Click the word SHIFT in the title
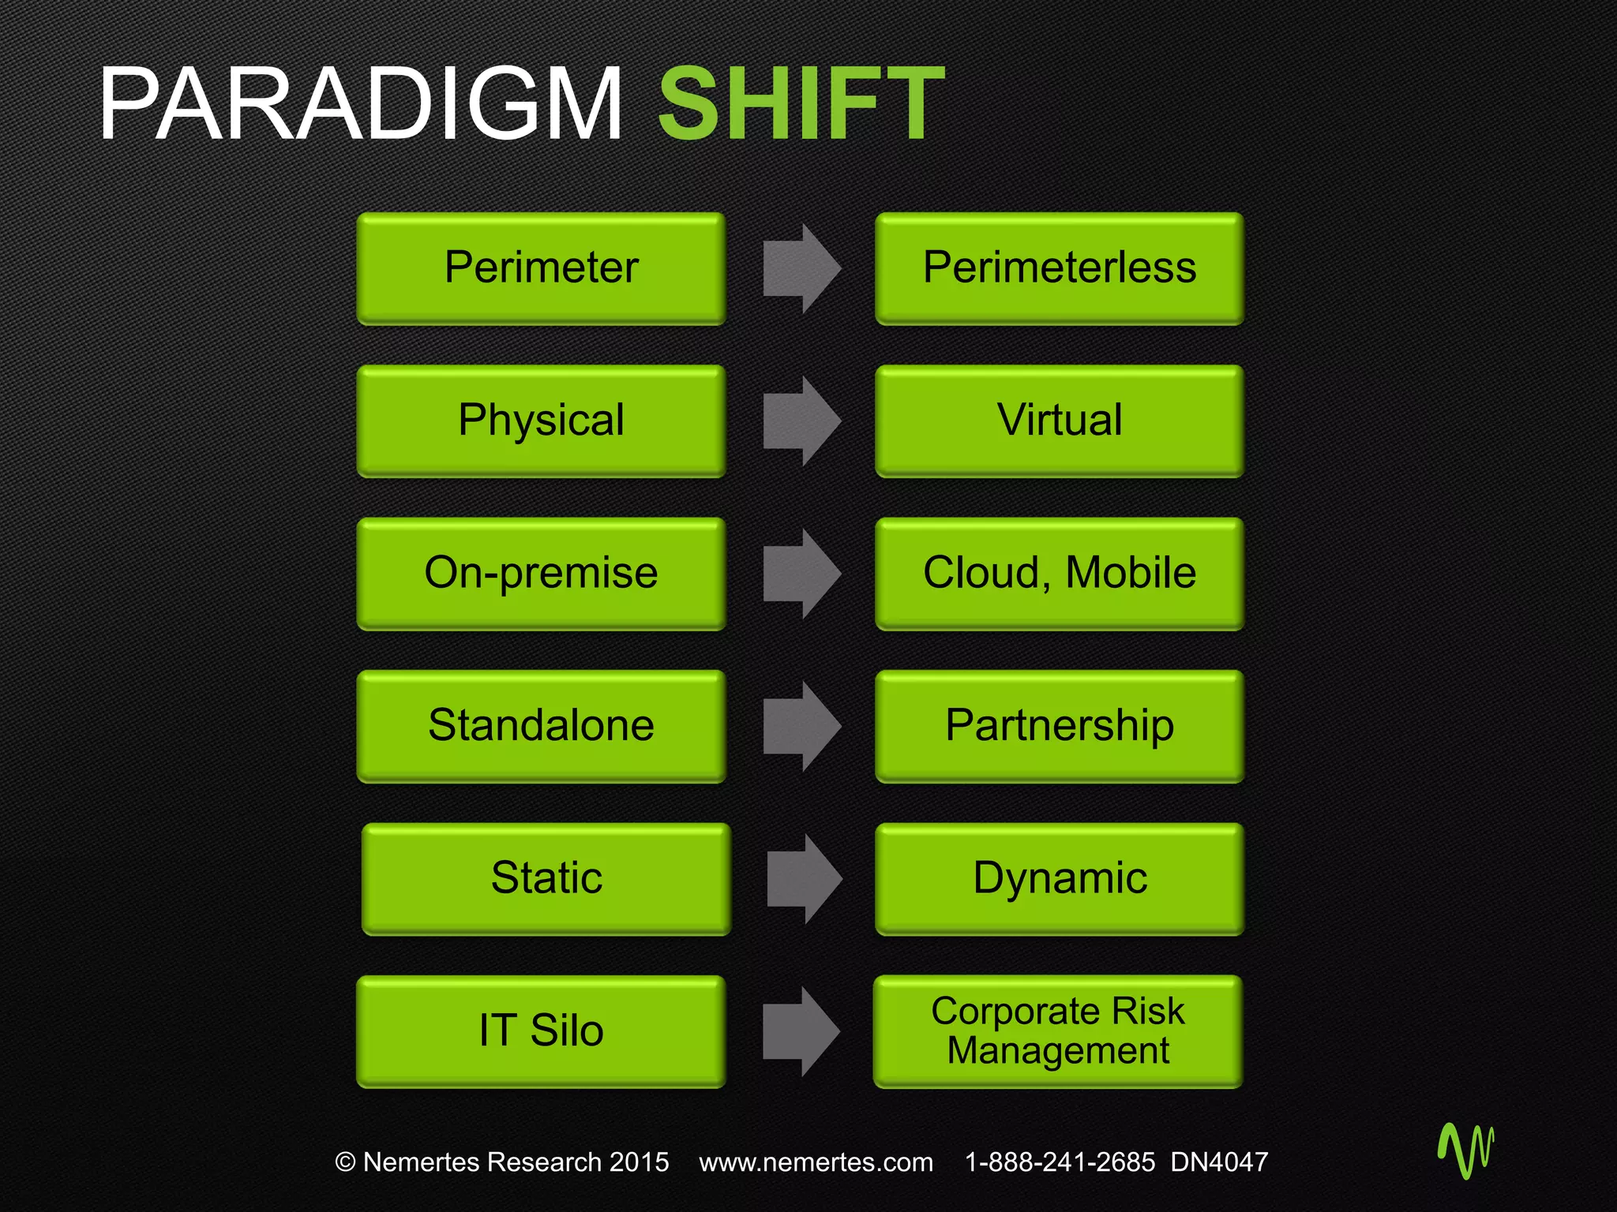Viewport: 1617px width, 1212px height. (801, 104)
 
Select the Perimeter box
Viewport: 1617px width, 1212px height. (541, 267)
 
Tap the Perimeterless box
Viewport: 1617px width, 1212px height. (1060, 267)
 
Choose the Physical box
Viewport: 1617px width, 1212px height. (541, 420)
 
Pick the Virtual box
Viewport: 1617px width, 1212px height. (1060, 420)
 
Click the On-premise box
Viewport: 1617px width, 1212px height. (541, 573)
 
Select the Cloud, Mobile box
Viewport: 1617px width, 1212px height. (1060, 573)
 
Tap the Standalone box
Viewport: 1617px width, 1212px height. (541, 725)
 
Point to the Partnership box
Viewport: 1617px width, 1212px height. (1060, 725)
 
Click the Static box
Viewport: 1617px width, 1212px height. (546, 878)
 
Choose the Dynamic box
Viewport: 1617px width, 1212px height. (1060, 878)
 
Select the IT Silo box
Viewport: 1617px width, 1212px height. (541, 1031)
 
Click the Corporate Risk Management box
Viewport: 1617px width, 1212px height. (1058, 1031)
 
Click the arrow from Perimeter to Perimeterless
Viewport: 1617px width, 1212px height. (801, 268)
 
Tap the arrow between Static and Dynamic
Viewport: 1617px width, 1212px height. (804, 878)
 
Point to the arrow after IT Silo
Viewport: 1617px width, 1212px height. (800, 1031)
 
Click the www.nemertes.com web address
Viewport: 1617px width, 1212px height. (816, 1161)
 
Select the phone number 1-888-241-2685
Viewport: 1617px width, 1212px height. (1060, 1161)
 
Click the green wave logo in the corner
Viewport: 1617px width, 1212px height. (1466, 1150)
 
